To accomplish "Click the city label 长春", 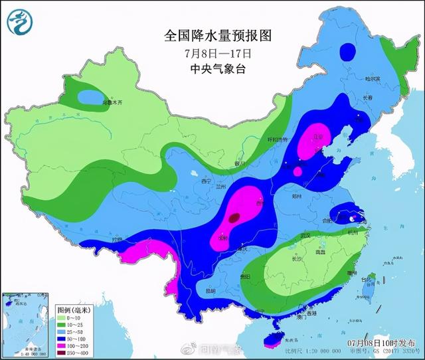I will click(x=368, y=98).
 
